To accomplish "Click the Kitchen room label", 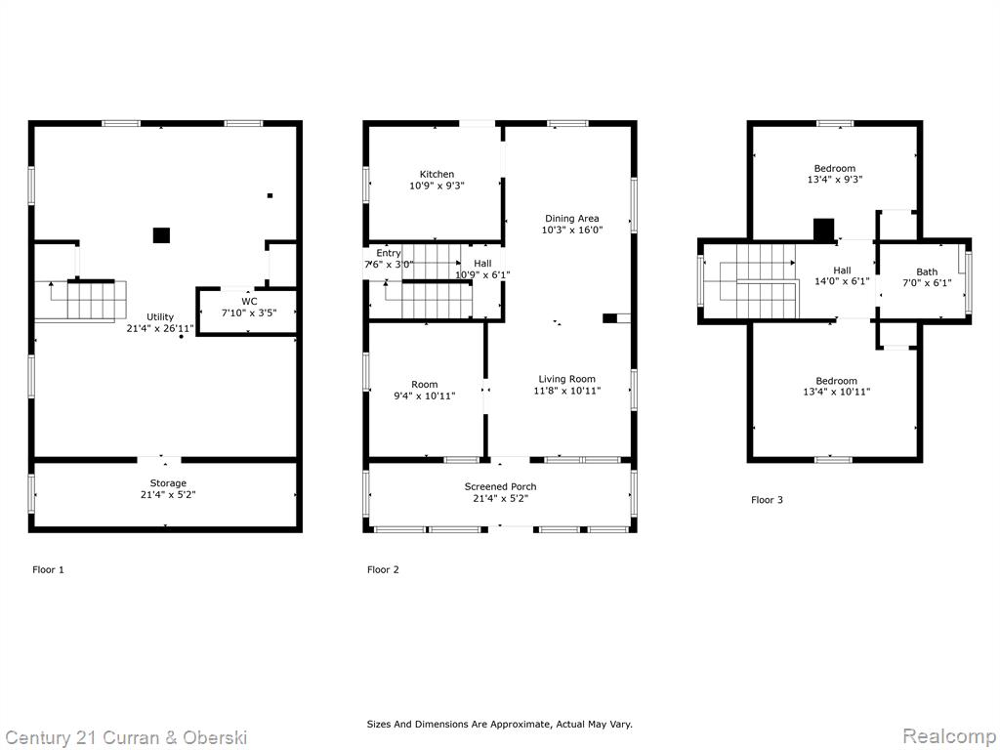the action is [437, 174].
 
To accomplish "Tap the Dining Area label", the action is [571, 218].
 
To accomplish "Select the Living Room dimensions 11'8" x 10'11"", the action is [567, 391].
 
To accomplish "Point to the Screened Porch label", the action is [500, 486].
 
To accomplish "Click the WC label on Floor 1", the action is [249, 301].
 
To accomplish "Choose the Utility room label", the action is [160, 317].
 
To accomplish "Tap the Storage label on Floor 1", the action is [168, 482].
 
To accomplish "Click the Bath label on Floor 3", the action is [927, 271].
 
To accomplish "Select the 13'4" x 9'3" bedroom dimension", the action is [835, 180].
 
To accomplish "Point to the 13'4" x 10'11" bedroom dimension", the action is [836, 392].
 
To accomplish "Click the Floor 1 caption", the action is [48, 569].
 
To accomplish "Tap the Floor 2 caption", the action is [383, 569].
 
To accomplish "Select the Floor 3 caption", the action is [767, 499].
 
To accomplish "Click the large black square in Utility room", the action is [161, 235].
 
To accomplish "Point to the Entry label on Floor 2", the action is [389, 253].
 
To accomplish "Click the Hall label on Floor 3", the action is [842, 271].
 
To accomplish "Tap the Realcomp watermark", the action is [949, 736].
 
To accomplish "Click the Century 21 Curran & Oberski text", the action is [126, 738].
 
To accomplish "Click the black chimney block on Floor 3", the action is [824, 230].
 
